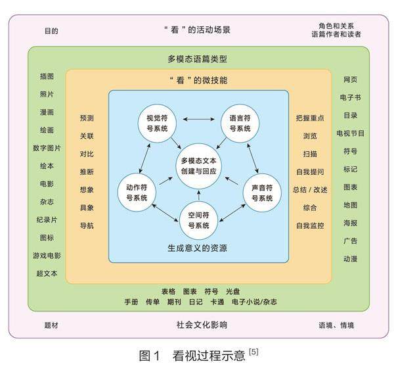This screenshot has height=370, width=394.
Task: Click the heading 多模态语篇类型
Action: [x=197, y=58]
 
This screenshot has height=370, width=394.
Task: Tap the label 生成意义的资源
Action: [x=198, y=248]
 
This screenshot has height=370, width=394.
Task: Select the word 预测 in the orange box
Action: [x=87, y=118]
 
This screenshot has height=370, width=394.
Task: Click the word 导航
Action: [x=87, y=225]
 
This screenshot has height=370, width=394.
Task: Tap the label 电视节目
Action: [x=350, y=133]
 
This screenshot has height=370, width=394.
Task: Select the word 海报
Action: [x=350, y=223]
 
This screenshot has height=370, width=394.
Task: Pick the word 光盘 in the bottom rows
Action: [x=233, y=290]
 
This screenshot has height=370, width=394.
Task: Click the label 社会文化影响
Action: [x=198, y=324]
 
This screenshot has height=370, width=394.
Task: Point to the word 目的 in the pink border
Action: [x=51, y=30]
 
